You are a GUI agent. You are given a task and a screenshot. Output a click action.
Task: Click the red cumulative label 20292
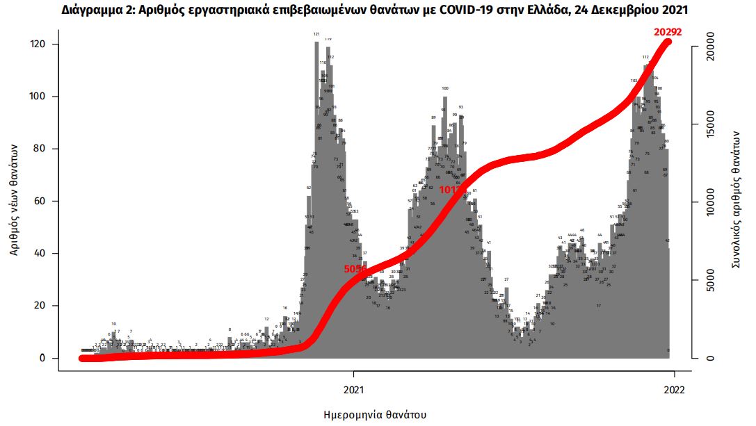point(667,31)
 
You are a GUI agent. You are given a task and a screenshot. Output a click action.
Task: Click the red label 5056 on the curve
point(355,269)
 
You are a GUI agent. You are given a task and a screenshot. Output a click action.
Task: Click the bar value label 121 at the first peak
point(316,34)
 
